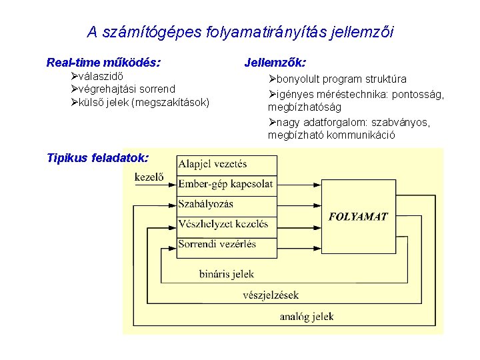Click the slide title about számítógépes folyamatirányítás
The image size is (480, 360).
pyautogui.click(x=240, y=31)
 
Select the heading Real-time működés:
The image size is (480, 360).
pyautogui.click(x=103, y=63)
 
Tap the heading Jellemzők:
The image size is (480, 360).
pyautogui.click(x=275, y=63)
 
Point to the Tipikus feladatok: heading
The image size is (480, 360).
pyautogui.click(x=97, y=158)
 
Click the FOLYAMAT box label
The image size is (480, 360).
pyautogui.click(x=357, y=216)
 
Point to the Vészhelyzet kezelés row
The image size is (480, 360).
pyautogui.click(x=223, y=224)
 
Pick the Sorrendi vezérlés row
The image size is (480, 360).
pyautogui.click(x=217, y=244)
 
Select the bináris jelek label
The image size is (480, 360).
pyautogui.click(x=227, y=274)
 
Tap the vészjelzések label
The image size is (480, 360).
pyautogui.click(x=271, y=295)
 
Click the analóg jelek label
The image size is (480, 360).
pyautogui.click(x=307, y=317)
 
